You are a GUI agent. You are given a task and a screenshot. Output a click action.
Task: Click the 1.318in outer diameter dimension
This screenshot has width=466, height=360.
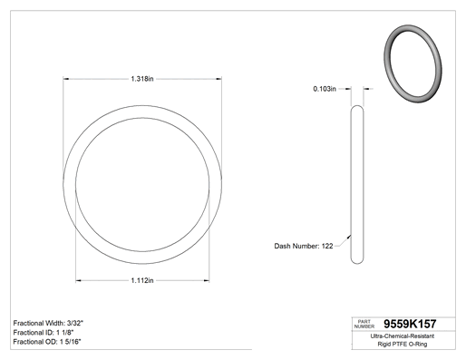click(x=142, y=79)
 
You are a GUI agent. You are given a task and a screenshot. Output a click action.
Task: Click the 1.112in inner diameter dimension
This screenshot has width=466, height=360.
click(x=142, y=280)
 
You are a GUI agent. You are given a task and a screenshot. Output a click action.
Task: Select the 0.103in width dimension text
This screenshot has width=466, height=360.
click(x=325, y=89)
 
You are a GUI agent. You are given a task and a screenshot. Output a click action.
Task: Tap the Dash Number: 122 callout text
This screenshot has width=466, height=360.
click(x=304, y=246)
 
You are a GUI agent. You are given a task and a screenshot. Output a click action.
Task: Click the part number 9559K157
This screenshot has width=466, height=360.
click(x=410, y=324)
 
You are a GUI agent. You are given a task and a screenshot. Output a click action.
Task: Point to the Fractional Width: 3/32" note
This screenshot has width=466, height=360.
click(x=48, y=323)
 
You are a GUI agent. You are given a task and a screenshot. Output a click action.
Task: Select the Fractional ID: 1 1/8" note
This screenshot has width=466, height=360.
click(x=44, y=333)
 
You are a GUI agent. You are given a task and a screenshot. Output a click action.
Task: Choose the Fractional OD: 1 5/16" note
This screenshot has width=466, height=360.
click(x=47, y=342)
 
